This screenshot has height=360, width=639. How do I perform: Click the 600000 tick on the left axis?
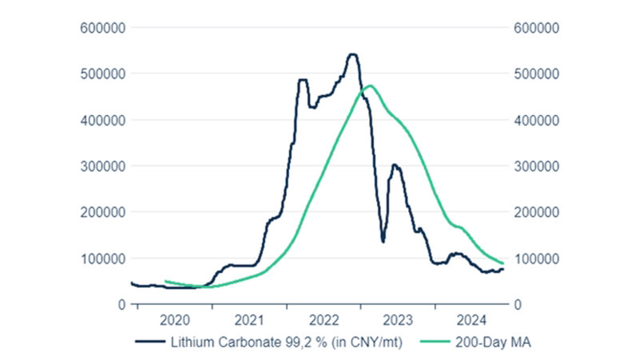pyautogui.click(x=101, y=28)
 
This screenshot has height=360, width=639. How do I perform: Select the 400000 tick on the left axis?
pyautogui.click(x=101, y=120)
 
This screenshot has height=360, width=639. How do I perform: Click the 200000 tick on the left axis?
pyautogui.click(x=101, y=212)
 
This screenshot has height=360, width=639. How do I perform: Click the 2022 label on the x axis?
pyautogui.click(x=324, y=321)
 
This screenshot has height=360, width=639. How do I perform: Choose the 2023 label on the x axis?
pyautogui.click(x=399, y=321)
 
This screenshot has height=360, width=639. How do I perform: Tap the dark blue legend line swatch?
pyautogui.click(x=149, y=343)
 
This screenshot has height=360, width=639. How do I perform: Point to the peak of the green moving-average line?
pyautogui.click(x=371, y=85)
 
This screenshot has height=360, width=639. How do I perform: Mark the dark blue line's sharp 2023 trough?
pyautogui.click(x=383, y=241)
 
